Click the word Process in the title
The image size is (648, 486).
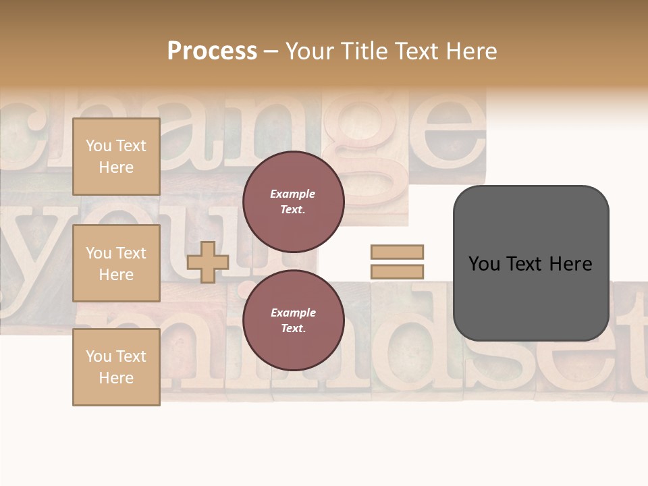[x=212, y=51]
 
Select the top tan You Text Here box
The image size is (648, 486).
[x=116, y=157]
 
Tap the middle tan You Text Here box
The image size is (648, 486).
[x=116, y=263]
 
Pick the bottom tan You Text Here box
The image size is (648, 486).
[x=116, y=367]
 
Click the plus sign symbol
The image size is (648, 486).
[x=208, y=262]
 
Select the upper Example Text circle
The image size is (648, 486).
[x=293, y=202]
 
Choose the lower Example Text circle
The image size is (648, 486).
[x=293, y=321]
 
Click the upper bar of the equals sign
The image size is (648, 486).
[x=397, y=252]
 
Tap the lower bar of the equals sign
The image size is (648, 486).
[x=397, y=272]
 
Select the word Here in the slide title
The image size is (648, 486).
[x=473, y=51]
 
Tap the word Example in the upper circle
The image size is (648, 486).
[x=292, y=194]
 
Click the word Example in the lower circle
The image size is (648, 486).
[x=292, y=313]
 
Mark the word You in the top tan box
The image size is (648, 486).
[x=98, y=146]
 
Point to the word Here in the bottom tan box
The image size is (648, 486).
[x=116, y=378]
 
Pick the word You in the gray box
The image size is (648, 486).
[x=484, y=264]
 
